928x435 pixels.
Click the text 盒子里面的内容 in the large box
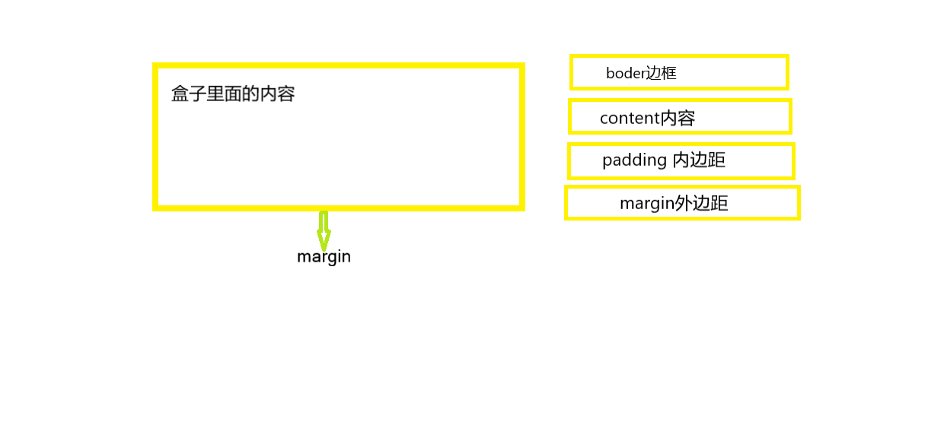click(233, 94)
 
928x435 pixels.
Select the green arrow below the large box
click(324, 228)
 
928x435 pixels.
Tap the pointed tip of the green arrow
click(324, 249)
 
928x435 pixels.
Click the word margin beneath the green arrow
click(324, 256)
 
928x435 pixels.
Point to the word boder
click(625, 74)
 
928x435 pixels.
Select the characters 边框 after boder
click(661, 74)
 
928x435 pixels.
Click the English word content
click(630, 119)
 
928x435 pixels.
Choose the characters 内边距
click(699, 160)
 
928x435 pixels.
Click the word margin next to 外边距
click(647, 204)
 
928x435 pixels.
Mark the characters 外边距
click(702, 204)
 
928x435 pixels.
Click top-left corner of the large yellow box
click(155, 66)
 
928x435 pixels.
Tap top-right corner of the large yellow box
click(522, 66)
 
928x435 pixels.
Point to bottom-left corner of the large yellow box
click(155, 208)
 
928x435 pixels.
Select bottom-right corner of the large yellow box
click(522, 208)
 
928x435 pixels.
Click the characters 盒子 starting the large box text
click(189, 94)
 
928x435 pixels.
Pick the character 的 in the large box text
click(250, 94)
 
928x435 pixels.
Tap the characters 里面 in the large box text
click(225, 94)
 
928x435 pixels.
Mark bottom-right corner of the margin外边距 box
click(799, 218)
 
